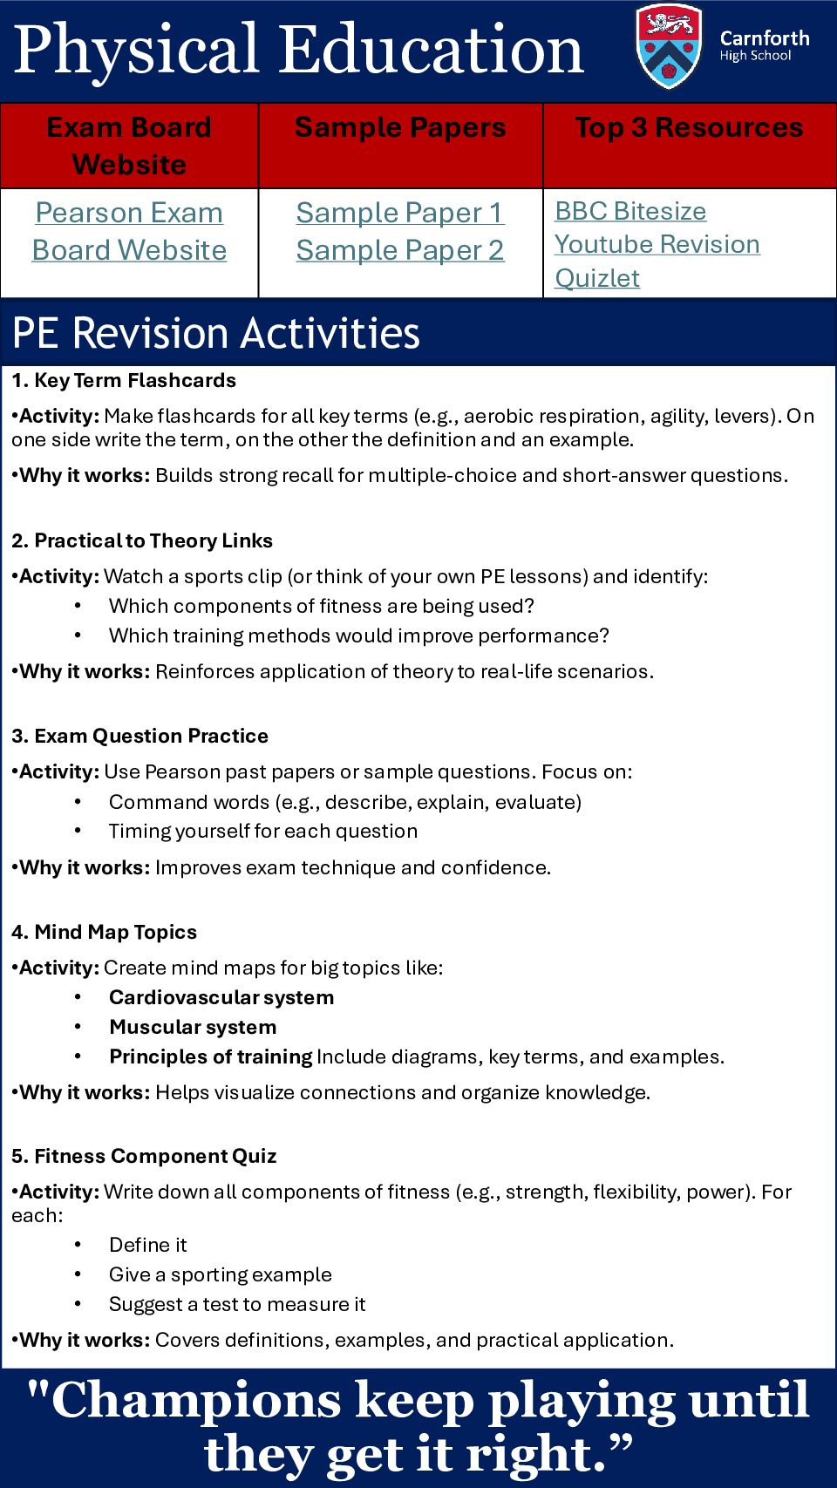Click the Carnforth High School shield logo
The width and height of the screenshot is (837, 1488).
tap(669, 47)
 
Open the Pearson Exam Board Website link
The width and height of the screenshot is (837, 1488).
tap(129, 231)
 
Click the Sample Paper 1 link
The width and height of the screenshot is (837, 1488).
tap(400, 213)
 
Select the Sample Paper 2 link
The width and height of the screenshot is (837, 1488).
tap(400, 250)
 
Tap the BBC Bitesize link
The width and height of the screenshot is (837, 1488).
tap(630, 211)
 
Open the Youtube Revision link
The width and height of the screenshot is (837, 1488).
tap(657, 244)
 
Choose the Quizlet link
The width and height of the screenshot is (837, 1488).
tap(597, 278)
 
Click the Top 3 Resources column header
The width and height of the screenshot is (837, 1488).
tap(689, 127)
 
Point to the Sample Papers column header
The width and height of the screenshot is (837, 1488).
tap(400, 127)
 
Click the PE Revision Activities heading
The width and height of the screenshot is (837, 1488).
tap(216, 332)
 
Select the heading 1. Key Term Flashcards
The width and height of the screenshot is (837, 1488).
tap(124, 380)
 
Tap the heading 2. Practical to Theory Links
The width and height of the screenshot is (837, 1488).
tap(142, 540)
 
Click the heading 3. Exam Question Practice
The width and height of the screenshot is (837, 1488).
tap(139, 736)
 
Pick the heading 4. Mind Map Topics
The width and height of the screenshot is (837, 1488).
tap(104, 932)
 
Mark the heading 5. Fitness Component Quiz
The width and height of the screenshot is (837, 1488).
tap(144, 1156)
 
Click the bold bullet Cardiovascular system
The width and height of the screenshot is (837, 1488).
tap(221, 997)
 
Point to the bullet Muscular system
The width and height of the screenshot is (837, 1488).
tap(193, 1027)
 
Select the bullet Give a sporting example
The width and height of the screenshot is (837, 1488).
tap(221, 1274)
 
